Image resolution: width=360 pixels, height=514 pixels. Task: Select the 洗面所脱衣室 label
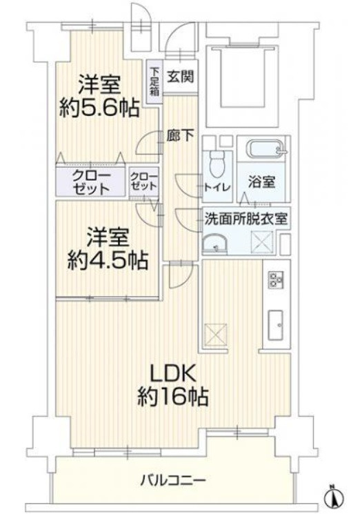(x=246, y=220)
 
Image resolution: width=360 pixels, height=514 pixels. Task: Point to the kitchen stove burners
(x=276, y=279)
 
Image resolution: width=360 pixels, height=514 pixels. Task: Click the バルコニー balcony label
(x=174, y=479)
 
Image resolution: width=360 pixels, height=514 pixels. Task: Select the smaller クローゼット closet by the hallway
(x=143, y=181)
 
